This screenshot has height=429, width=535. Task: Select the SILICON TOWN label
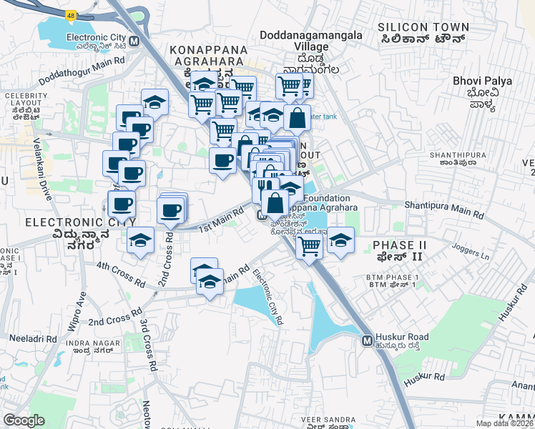tap(424, 28)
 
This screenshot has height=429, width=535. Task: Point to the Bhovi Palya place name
tap(482, 81)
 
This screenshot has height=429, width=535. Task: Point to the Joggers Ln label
tap(470, 251)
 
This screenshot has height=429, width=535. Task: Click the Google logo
tap(24, 420)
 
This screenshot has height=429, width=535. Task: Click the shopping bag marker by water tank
tap(297, 118)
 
